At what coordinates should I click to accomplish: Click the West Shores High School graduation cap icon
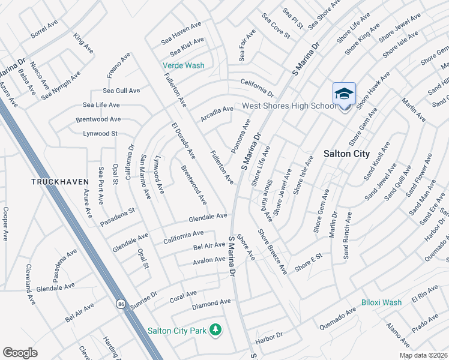pyautogui.click(x=344, y=94)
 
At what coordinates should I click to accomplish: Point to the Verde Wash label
pyautogui.click(x=183, y=65)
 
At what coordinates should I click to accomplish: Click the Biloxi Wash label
pyautogui.click(x=381, y=302)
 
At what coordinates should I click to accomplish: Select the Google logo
pyautogui.click(x=20, y=352)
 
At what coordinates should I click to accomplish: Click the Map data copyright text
pyautogui.click(x=423, y=355)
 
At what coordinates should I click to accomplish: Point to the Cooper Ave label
pyautogui.click(x=5, y=224)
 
